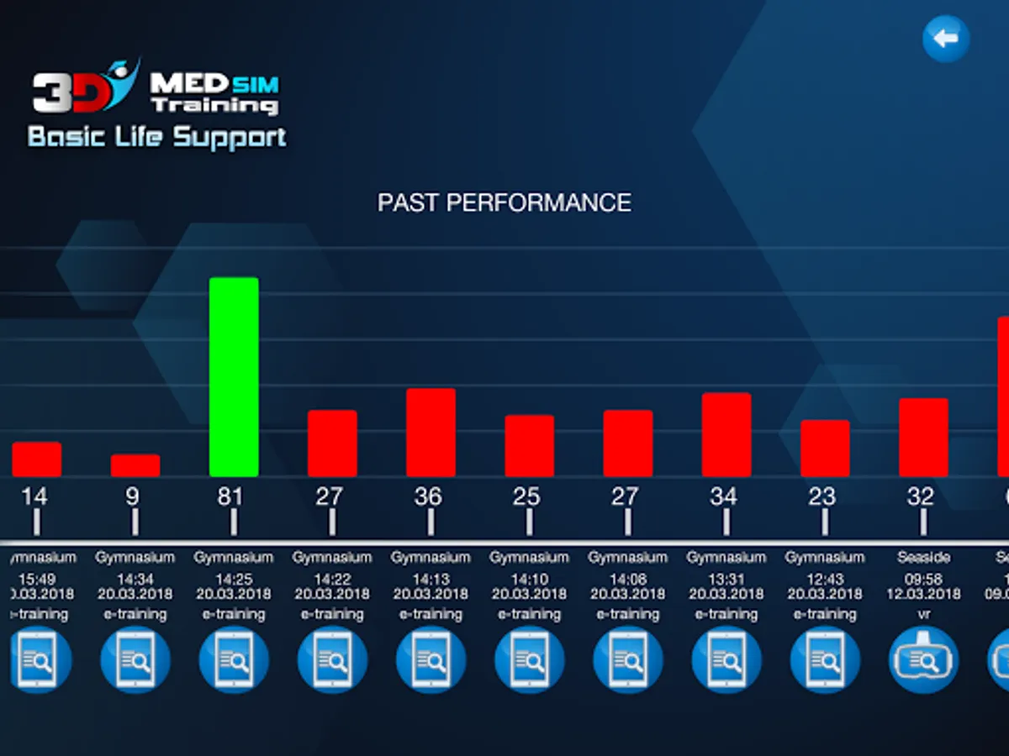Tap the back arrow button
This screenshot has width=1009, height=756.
pos(946,39)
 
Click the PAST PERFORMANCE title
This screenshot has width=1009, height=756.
pos(504,202)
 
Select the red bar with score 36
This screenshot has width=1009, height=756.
pos(431,433)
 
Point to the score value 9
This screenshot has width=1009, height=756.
pos(132,496)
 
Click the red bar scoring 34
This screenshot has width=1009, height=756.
pos(726,434)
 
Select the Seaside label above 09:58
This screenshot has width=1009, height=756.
pos(923,557)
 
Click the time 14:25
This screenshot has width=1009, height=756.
pos(234,579)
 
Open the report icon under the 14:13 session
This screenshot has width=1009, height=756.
pos(431,660)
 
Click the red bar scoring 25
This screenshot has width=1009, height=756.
pos(530,446)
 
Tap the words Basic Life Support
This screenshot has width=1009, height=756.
pos(157,137)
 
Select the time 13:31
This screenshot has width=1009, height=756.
pos(726,579)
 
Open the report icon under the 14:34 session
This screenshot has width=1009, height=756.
pos(135,660)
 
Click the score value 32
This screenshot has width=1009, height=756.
pos(921,496)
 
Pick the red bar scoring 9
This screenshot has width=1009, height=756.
pos(135,465)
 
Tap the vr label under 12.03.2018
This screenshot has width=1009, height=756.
pos(923,615)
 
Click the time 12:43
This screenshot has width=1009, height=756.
pos(825,579)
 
